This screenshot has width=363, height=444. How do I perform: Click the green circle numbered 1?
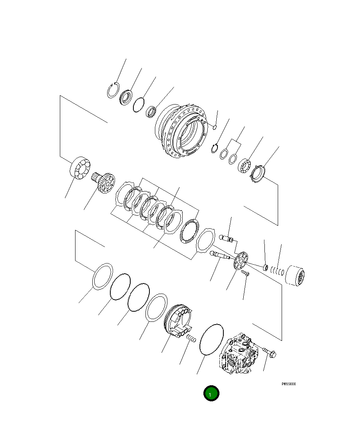click(211, 393)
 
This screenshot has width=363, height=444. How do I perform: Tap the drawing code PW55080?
click(289, 384)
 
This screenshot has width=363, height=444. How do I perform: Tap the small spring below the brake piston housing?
click(190, 338)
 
